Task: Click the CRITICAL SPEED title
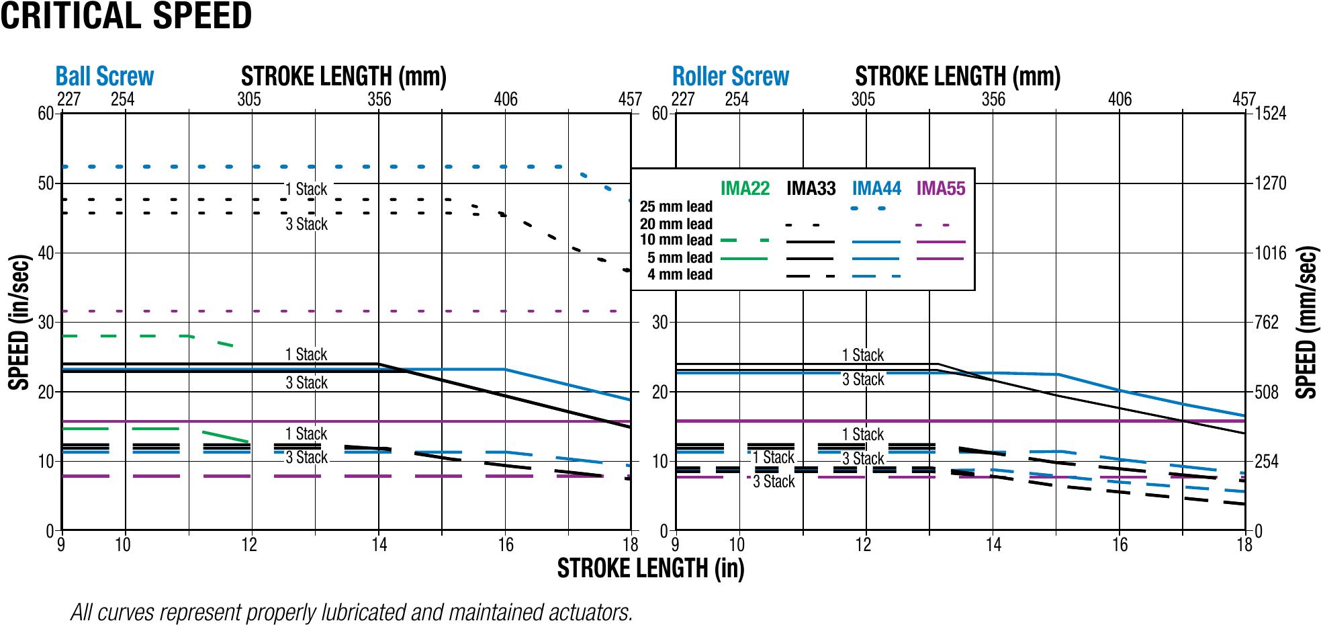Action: click(126, 16)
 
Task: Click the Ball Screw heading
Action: click(105, 77)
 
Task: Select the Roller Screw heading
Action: click(731, 77)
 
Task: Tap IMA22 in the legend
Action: click(745, 189)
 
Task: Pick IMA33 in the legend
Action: click(811, 189)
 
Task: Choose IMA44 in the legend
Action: click(876, 189)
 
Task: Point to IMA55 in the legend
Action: click(941, 189)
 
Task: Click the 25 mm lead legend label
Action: click(676, 207)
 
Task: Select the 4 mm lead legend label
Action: click(680, 274)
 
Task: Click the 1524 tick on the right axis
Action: click(1271, 114)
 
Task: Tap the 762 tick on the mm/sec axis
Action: click(1267, 323)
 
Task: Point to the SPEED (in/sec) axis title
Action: click(19, 323)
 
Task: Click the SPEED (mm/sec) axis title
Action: click(1305, 323)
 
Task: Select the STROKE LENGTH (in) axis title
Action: click(651, 569)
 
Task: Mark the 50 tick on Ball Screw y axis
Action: click(46, 183)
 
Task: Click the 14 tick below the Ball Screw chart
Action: click(379, 544)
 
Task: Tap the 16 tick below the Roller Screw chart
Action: click(1120, 544)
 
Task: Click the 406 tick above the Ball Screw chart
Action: click(506, 99)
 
